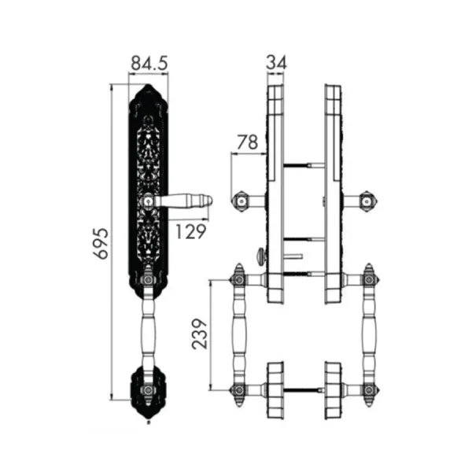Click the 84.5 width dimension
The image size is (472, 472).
point(149,63)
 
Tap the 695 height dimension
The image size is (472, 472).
point(101,244)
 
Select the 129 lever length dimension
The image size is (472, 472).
point(191,231)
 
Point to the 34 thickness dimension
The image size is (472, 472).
point(276,62)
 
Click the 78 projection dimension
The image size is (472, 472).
point(248,142)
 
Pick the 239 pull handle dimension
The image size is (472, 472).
point(200,334)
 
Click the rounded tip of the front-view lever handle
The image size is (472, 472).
point(210,201)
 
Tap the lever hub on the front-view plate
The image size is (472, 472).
point(148,201)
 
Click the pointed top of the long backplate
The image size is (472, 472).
point(148,85)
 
